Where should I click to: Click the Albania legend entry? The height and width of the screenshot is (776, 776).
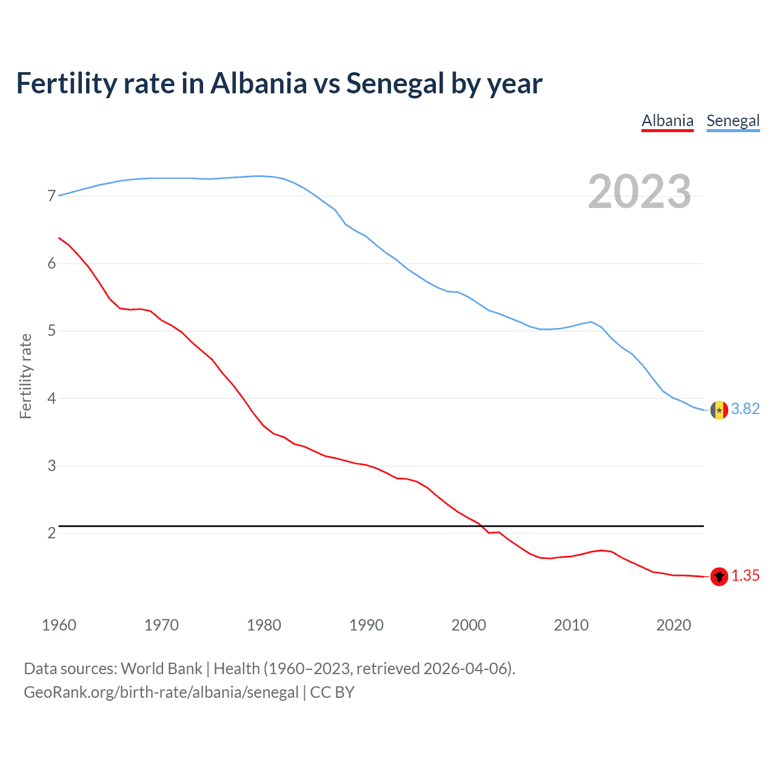coord(667,121)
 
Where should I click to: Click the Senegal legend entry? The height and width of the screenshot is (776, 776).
coord(733,121)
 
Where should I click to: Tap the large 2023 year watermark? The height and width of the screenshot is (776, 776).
coord(639,192)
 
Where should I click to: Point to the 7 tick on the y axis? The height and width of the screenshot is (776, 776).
coord(52,196)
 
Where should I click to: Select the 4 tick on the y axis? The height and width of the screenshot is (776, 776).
coord(52,398)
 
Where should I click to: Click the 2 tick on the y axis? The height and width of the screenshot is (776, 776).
coord(52,533)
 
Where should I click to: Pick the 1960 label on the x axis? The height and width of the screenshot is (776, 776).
coord(59,625)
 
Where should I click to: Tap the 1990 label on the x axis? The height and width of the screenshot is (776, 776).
coord(366,625)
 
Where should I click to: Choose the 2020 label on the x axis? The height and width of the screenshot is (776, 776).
coord(674,625)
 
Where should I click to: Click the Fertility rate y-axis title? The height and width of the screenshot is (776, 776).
coord(25,376)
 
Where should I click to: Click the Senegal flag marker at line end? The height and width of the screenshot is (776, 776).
coord(719,410)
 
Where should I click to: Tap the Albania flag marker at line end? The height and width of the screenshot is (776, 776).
coord(719,577)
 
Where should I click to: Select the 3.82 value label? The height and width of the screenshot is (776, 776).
coord(745,409)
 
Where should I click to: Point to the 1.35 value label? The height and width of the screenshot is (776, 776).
coord(745,576)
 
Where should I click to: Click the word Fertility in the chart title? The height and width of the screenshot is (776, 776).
coord(66,84)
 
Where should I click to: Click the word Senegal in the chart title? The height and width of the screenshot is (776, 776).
coord(395,84)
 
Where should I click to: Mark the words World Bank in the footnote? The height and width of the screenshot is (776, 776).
coord(161,669)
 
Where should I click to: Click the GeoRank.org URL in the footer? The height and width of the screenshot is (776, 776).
coord(161,692)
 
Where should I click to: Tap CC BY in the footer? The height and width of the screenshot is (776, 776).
coord(332,692)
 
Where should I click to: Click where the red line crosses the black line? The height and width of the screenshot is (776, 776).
coord(483,526)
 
